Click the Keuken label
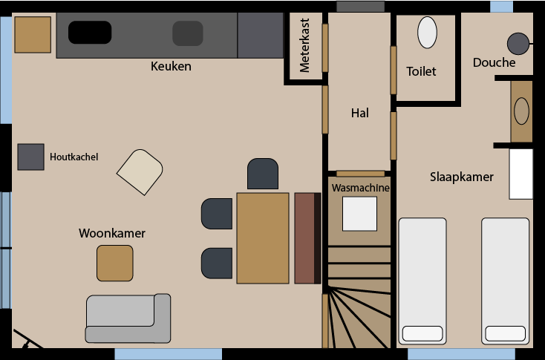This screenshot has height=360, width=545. tap(171, 66)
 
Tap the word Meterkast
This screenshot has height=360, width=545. tap(304, 45)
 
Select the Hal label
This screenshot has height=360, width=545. tap(359, 113)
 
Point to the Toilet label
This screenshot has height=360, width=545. tap(421, 71)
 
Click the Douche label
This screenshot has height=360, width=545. tap(494, 62)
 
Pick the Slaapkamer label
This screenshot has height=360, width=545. tap(462, 177)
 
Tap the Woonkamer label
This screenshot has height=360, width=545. tap(112, 233)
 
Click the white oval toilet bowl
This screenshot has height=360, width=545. tap(427, 33)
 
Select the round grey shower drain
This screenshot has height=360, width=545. tap(518, 44)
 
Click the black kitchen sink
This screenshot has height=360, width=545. tap(90, 33)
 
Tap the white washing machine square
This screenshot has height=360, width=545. tap(359, 214)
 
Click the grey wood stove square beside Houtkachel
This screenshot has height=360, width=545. tap(31, 157)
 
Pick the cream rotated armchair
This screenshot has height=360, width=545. tap(140, 172)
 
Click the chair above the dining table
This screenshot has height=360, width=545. tap(263, 174)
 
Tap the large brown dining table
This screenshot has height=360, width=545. tap(263, 238)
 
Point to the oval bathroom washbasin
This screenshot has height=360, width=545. tap(521, 111)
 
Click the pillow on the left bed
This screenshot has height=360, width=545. tap(422, 333)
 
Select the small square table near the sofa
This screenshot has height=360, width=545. tap(114, 263)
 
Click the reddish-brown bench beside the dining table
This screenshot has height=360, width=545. tap(307, 238)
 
